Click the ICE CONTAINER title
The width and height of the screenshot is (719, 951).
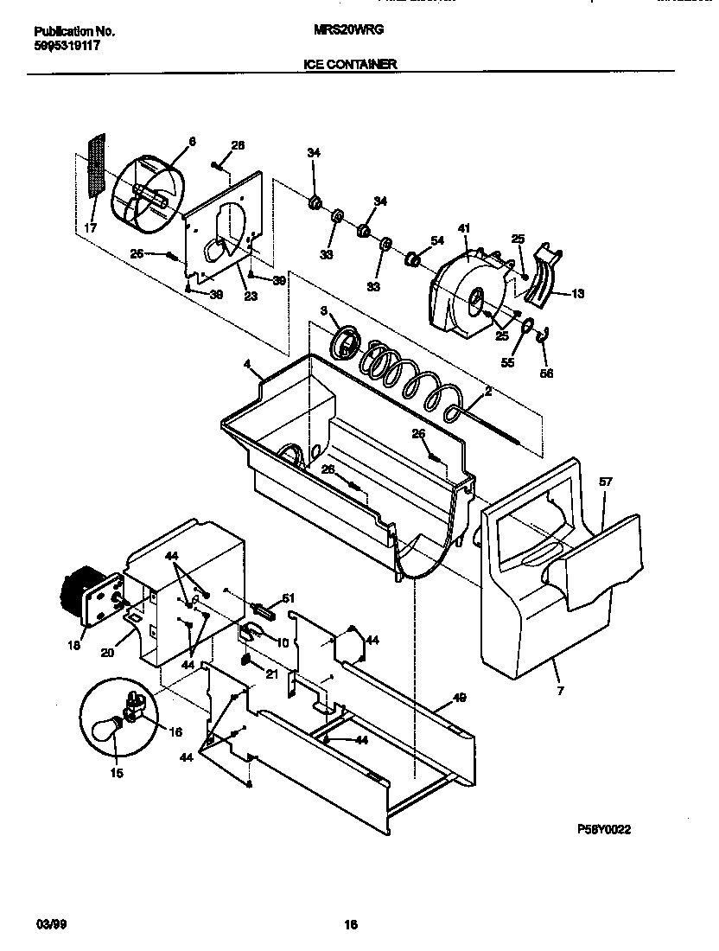pos(350,64)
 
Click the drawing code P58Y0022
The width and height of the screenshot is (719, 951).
pos(605,829)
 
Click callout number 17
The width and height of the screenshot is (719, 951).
pos(91,228)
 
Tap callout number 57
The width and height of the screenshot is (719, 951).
pos(606,482)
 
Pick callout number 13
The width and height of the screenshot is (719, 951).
pos(577,294)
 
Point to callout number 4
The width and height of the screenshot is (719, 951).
pos(248,366)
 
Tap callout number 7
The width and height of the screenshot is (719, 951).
pos(559,693)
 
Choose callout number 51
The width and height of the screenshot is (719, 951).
pos(289,597)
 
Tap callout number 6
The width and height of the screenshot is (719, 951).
pos(192,142)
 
